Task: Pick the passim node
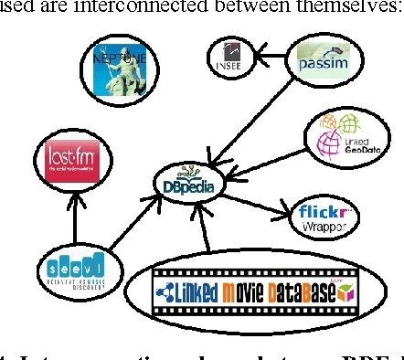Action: coord(319,63)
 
